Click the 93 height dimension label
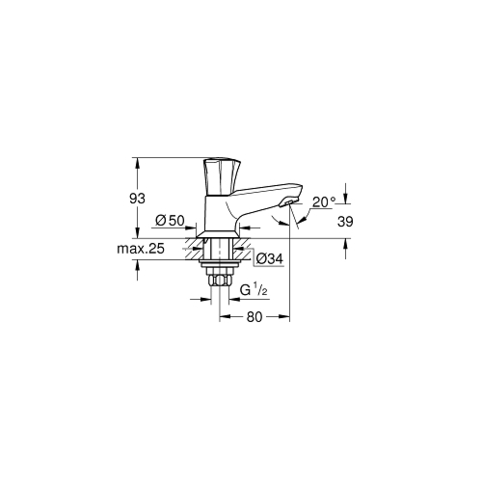click(137, 199)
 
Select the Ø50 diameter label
click(170, 221)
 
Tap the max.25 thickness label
click(141, 249)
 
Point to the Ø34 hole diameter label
click(270, 258)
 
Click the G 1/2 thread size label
click(254, 290)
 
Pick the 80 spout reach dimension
click(254, 317)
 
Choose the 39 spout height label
click(345, 222)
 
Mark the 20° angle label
click(324, 202)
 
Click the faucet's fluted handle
click(222, 176)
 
